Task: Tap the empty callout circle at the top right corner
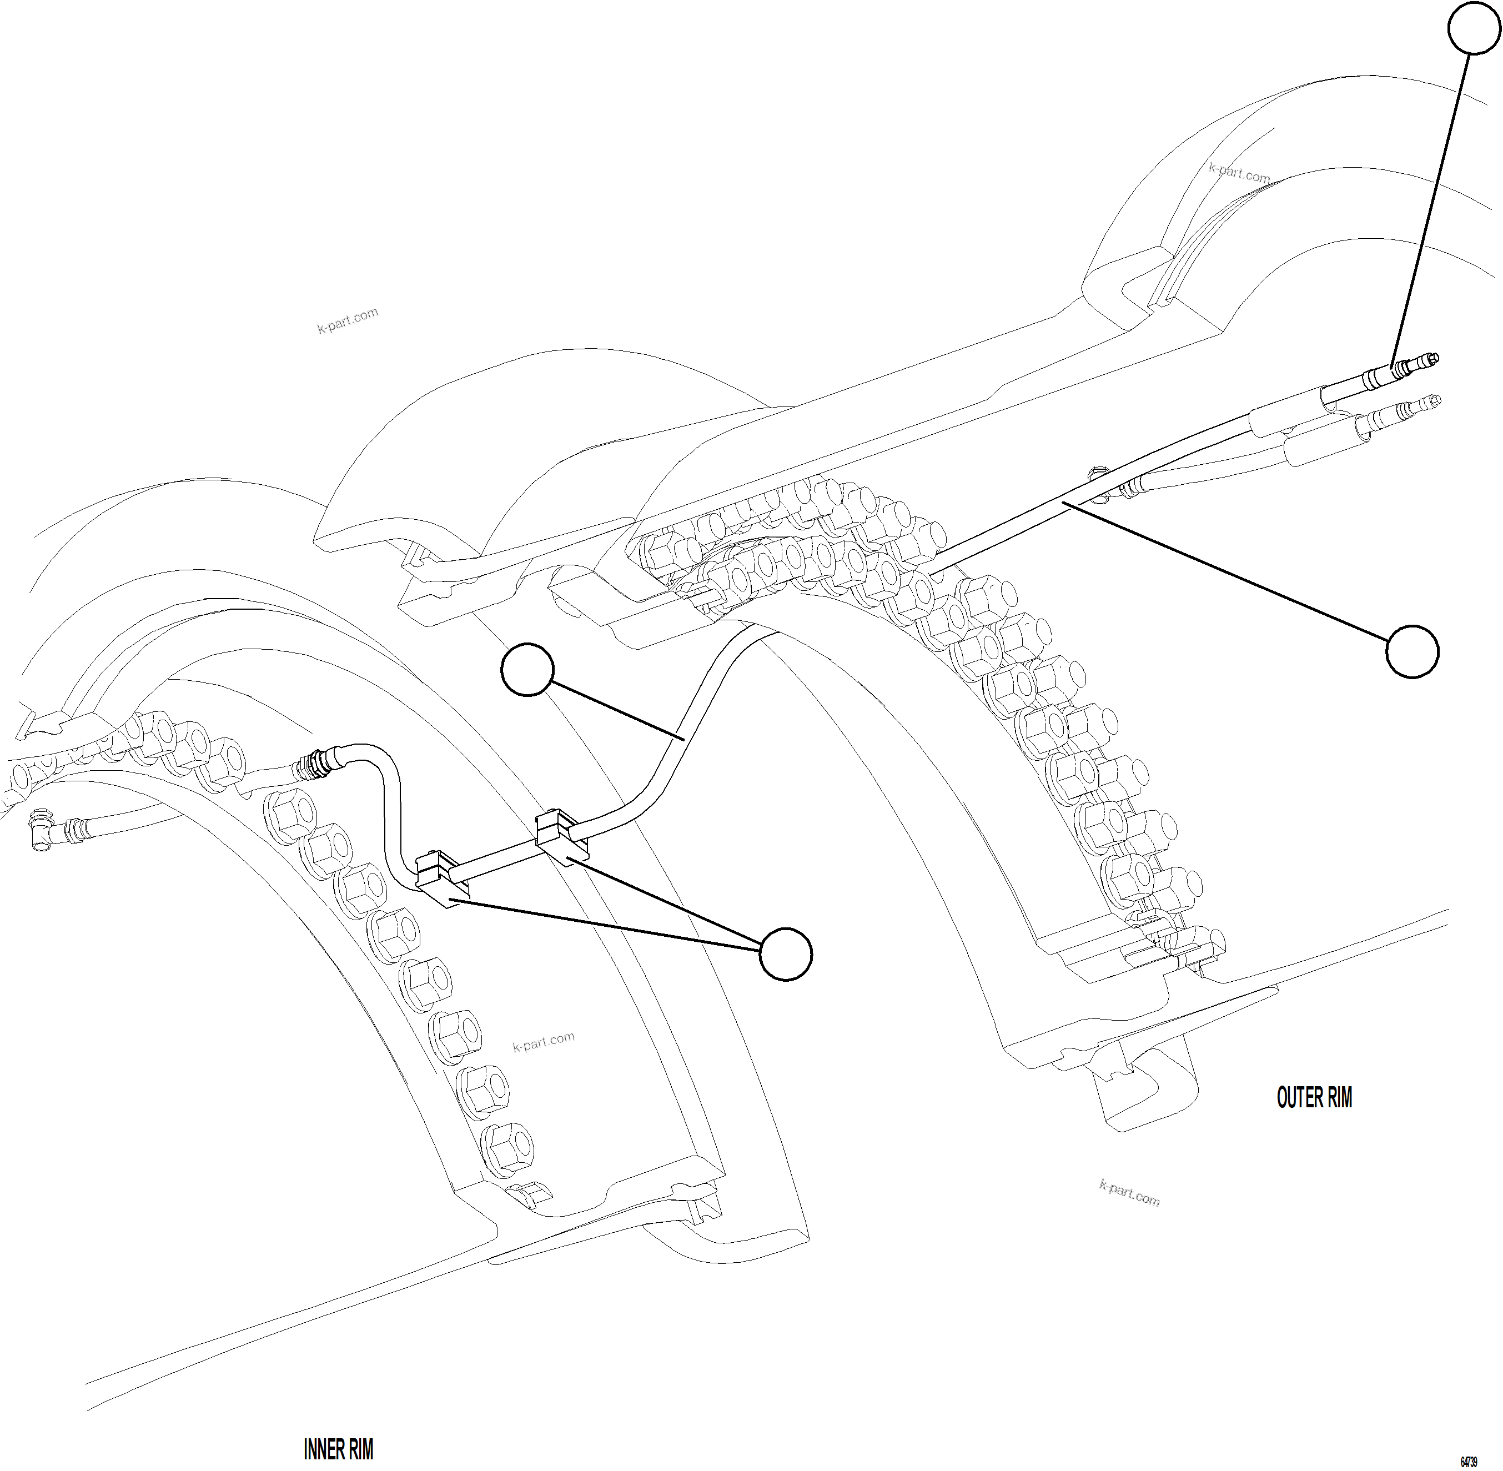coord(1474,28)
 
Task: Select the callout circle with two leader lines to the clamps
coord(786,954)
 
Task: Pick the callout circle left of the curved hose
coord(527,669)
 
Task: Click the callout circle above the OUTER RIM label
coord(1412,652)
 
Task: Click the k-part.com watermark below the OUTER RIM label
coord(1129,1194)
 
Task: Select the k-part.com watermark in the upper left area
coord(348,320)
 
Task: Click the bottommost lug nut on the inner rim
coord(507,1142)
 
